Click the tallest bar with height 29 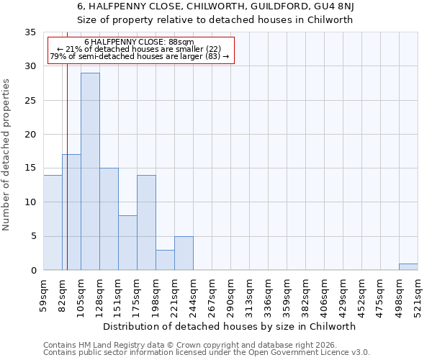pyautogui.click(x=90, y=171)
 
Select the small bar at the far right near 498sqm pyautogui.click(x=408, y=266)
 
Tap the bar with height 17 pyautogui.click(x=71, y=212)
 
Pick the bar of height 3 pyautogui.click(x=165, y=260)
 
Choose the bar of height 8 pyautogui.click(x=127, y=243)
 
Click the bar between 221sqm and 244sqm pyautogui.click(x=184, y=253)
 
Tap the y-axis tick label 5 pyautogui.click(x=32, y=237)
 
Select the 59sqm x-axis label pyautogui.click(x=44, y=293)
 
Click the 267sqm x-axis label pyautogui.click(x=212, y=293)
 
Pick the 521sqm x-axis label pyautogui.click(x=418, y=293)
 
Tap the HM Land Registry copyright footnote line pyautogui.click(x=183, y=345)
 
